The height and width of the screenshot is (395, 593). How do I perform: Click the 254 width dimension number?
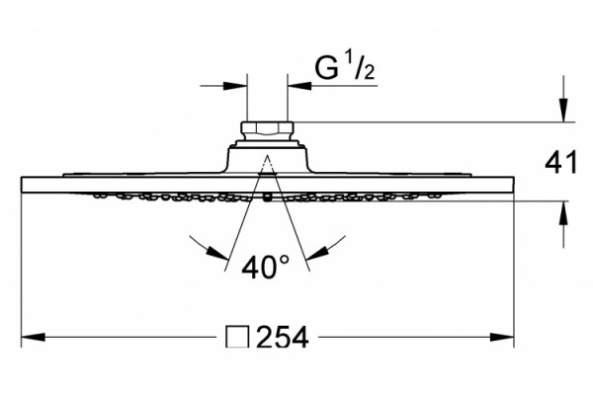tap(283, 338)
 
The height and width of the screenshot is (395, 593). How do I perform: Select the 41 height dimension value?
tap(561, 162)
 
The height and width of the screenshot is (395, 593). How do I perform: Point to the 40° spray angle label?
tap(266, 267)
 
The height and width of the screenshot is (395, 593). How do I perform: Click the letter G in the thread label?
tap(326, 68)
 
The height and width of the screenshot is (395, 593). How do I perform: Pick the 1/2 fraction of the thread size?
tap(360, 66)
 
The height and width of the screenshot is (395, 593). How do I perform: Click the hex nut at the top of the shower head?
tap(267, 129)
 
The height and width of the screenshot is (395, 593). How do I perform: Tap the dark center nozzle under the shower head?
tap(268, 197)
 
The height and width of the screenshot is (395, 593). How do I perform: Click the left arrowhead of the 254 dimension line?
tap(34, 337)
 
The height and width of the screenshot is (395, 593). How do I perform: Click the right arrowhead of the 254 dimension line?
tap(502, 337)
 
